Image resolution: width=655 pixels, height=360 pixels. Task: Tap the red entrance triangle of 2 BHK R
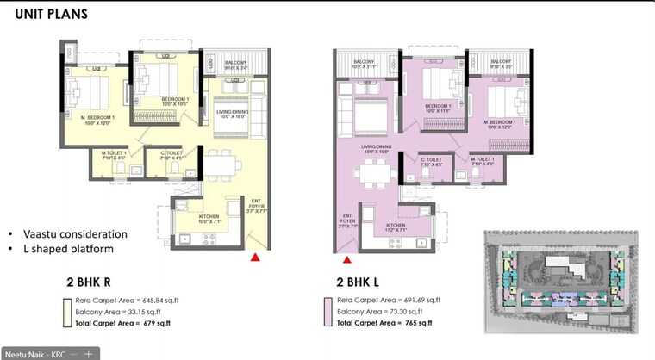coord(255,257)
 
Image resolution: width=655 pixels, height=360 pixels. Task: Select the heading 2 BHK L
coord(353,282)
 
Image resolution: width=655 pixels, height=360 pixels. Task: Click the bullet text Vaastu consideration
coord(75,234)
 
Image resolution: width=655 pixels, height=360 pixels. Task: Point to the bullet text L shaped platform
coord(68,249)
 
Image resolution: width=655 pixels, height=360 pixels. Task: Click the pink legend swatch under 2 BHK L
coord(327,311)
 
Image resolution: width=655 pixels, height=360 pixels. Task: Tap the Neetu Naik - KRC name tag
coord(34,353)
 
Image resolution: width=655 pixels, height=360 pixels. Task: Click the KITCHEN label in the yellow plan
coord(209,217)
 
